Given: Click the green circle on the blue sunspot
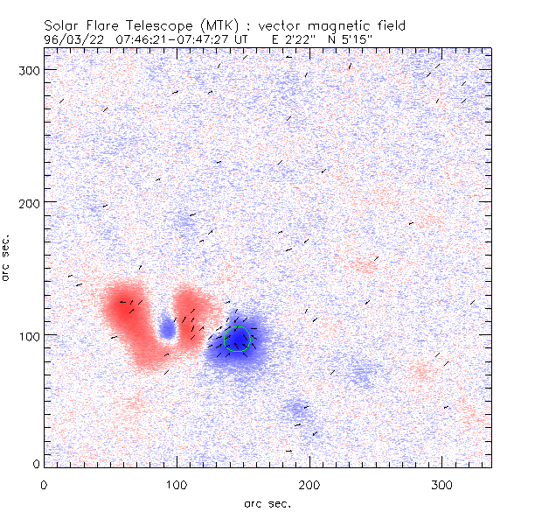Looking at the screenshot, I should (237, 339).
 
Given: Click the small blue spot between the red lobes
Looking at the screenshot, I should (167, 328).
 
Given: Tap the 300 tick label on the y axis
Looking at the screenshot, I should (28, 69).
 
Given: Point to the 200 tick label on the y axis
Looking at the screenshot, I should (28, 202).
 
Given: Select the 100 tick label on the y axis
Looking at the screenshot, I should (28, 336).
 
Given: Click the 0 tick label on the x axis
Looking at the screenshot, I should (44, 484).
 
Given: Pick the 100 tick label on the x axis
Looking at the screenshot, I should (177, 484).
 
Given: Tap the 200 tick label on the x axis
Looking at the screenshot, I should (309, 484).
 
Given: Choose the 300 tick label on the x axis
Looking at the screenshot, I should (442, 484).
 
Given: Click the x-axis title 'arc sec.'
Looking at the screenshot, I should (267, 502).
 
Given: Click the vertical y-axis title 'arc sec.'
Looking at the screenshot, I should (7, 257).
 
